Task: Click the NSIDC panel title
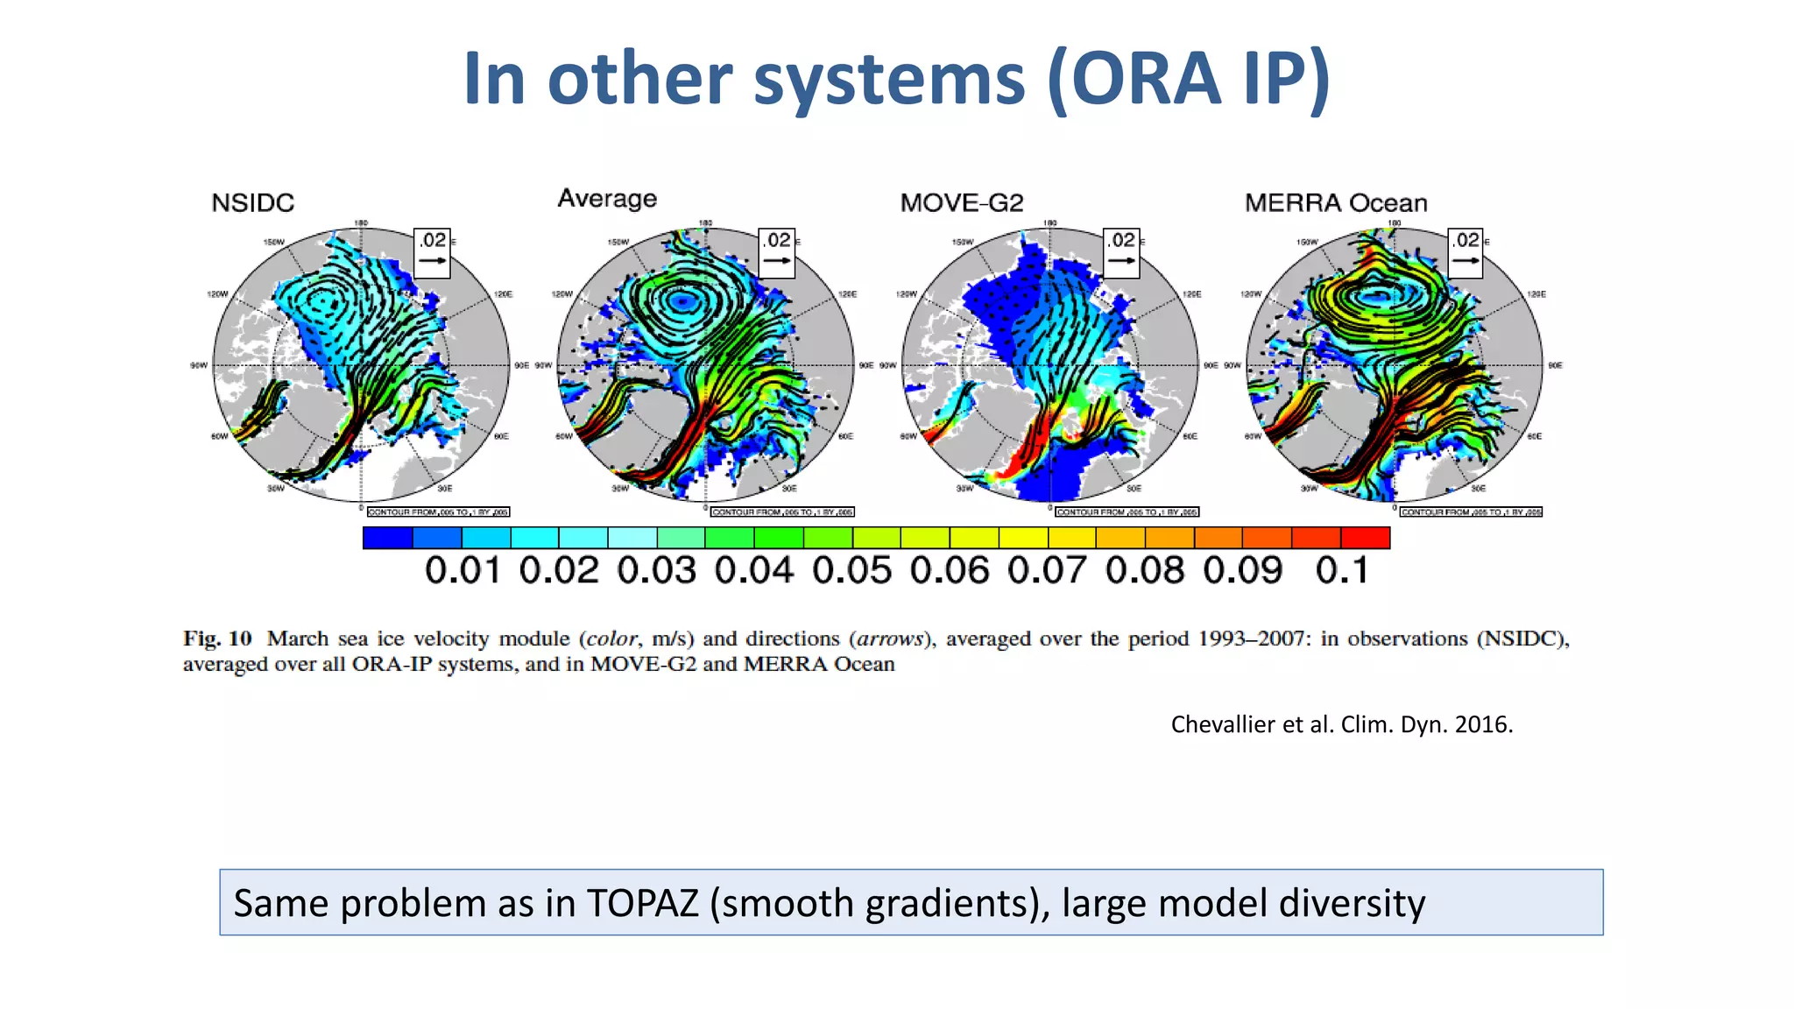coord(252,203)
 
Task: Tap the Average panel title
coord(607,199)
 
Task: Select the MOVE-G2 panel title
coord(961,203)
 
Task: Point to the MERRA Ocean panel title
coord(1335,203)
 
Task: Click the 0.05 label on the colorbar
coord(851,571)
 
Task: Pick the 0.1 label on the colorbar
coord(1341,571)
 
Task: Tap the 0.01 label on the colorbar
coord(462,571)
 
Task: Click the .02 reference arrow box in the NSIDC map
coord(432,252)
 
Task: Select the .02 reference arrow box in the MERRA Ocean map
coord(1466,252)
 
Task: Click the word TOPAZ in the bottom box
coord(642,903)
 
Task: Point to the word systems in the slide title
coord(888,79)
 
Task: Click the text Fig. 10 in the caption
coord(217,639)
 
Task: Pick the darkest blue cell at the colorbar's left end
coord(387,537)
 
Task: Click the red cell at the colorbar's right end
coord(1365,537)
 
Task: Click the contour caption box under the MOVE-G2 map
coord(1127,512)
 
